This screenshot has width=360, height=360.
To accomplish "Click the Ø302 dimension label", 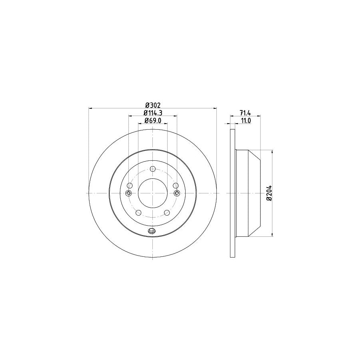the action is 153,105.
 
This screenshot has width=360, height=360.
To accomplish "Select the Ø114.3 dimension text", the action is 153,113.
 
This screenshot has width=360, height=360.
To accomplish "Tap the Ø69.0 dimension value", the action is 153,120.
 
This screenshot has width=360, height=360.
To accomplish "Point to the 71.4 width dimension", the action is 245,113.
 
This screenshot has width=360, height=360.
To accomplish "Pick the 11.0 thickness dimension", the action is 246,120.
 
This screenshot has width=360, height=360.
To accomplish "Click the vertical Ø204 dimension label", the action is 269,193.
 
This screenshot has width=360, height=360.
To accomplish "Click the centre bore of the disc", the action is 153,193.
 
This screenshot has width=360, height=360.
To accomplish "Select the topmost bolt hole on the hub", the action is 153,169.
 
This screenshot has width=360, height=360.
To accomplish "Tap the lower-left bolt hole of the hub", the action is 138,213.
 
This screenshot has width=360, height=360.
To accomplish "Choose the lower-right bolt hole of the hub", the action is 167,213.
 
